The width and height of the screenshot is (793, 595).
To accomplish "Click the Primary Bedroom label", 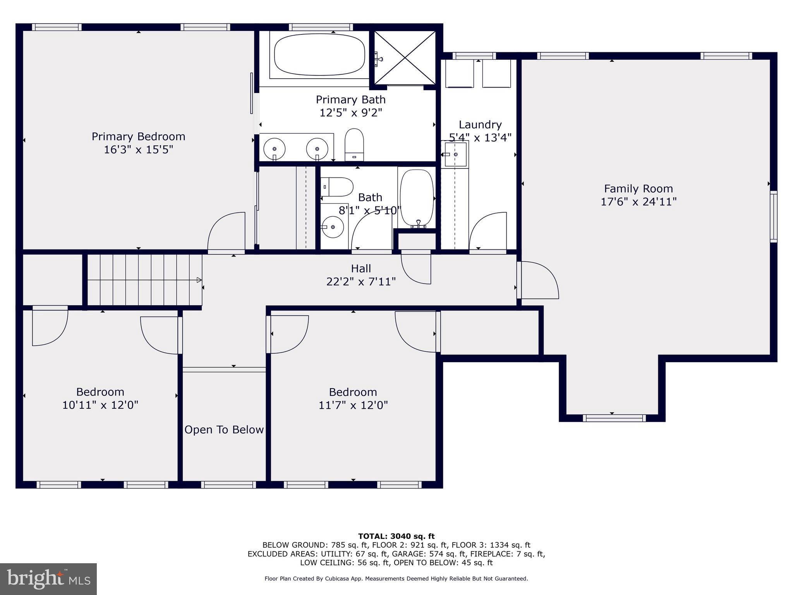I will [x=138, y=136].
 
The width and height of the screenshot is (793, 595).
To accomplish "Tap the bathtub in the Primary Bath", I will [x=319, y=55].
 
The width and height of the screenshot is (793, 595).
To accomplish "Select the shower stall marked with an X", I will [x=405, y=58].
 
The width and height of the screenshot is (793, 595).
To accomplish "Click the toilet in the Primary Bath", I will [x=354, y=144].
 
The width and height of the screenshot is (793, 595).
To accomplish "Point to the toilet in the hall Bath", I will [x=338, y=187].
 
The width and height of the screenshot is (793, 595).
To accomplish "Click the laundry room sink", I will [x=455, y=154].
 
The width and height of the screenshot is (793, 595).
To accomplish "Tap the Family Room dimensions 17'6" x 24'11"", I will [x=638, y=202].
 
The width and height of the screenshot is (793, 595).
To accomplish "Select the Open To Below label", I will [x=224, y=430].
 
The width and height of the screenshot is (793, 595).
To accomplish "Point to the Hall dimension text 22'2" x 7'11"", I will [x=361, y=282].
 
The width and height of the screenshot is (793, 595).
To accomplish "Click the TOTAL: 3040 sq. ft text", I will [x=396, y=536].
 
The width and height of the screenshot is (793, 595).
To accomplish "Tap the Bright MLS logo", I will [x=48, y=579].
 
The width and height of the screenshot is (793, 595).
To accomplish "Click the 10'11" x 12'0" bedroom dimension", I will [x=100, y=405].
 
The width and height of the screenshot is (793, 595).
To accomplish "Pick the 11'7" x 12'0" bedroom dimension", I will [x=353, y=405].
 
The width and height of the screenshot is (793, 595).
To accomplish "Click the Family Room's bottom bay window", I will [x=614, y=418].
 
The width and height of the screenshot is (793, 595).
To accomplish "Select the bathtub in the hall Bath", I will [x=417, y=198].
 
